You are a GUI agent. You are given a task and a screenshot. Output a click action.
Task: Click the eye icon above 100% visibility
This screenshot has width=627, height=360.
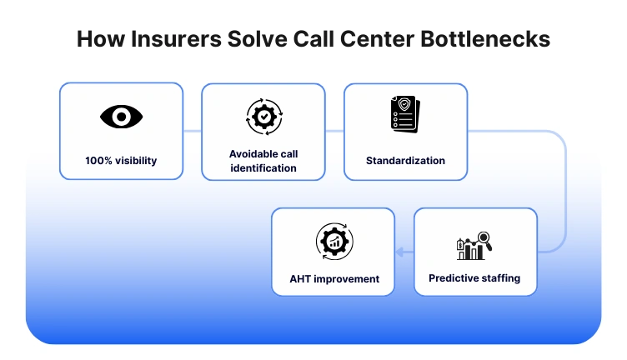pos(121,117)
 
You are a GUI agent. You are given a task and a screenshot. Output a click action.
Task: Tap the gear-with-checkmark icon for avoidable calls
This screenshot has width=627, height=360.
pos(263,117)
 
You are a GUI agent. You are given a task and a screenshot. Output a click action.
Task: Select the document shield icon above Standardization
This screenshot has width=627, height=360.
pos(405,115)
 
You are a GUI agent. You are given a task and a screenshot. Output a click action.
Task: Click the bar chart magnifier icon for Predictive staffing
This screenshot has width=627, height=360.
pos(474,247)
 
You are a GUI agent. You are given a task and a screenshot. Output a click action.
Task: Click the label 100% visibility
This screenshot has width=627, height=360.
pos(121,161)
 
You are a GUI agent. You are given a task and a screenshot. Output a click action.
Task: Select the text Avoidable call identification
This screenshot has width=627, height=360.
pos(263,161)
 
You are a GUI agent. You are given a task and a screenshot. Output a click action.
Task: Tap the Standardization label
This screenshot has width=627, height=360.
pos(405,161)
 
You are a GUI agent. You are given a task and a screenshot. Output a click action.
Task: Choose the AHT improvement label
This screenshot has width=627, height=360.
pos(333,279)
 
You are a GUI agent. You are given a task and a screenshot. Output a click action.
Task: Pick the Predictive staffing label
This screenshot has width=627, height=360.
pos(474,278)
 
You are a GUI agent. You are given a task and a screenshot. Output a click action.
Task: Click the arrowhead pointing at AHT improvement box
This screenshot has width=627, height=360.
pos(399,252)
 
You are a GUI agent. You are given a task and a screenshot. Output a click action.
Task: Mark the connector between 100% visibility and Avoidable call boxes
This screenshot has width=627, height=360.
pos(192,131)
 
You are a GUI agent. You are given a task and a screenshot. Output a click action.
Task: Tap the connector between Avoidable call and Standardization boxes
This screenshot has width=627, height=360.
pos(334,131)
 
